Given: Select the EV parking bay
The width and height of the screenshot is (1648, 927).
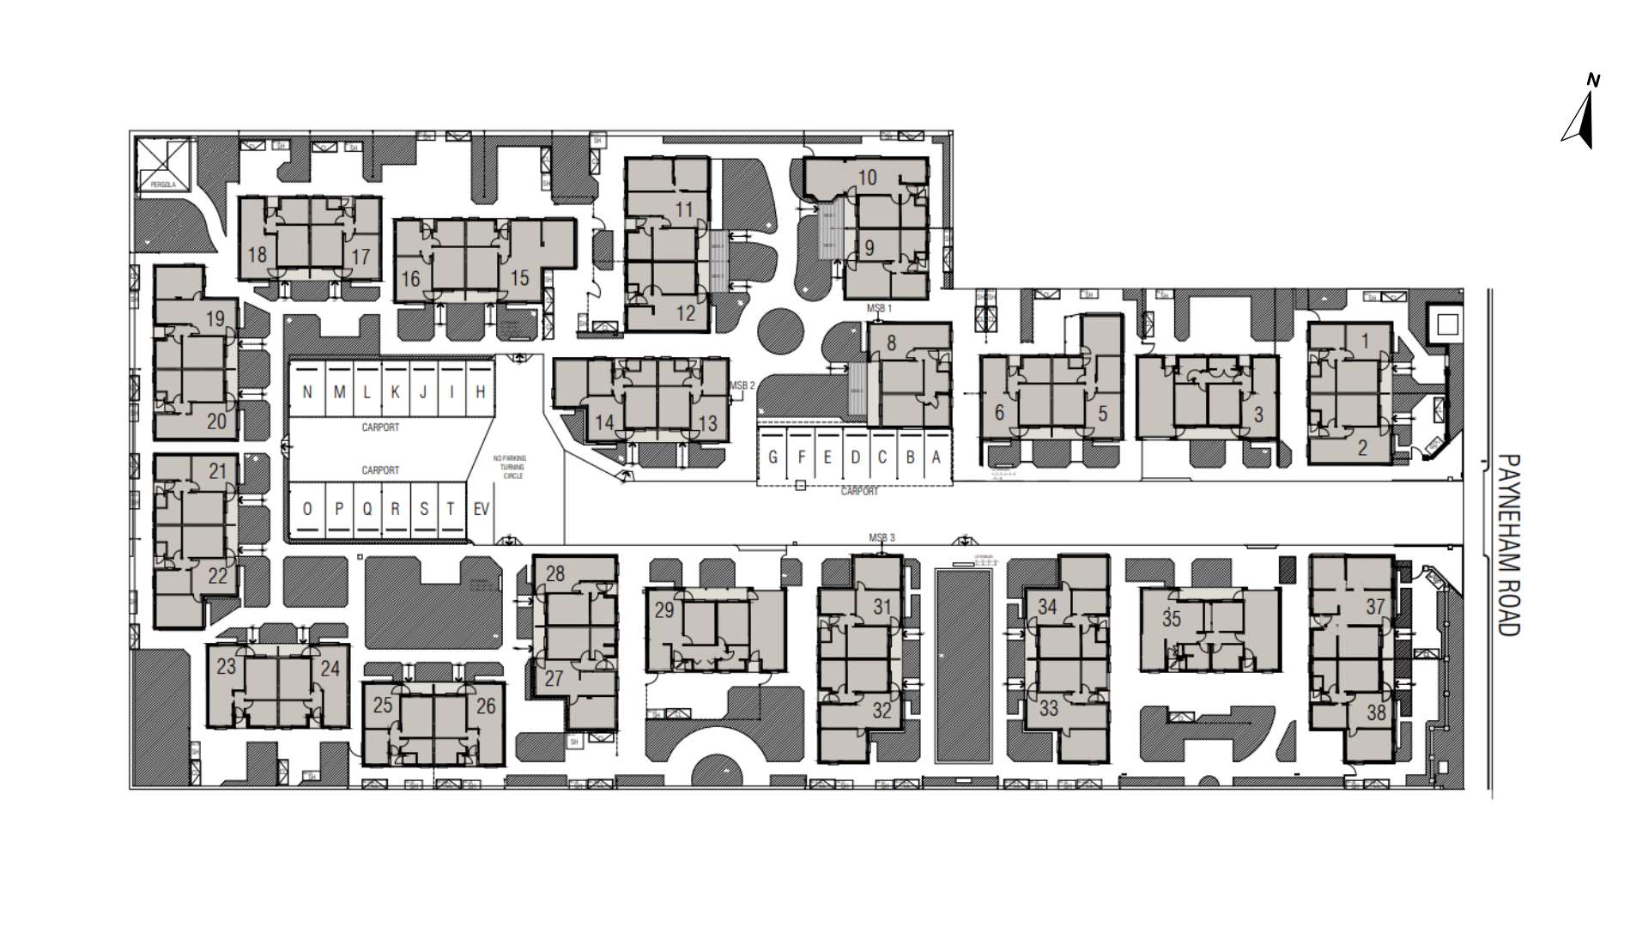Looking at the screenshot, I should tap(482, 509).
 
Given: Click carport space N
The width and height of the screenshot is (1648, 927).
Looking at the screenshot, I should tap(308, 392).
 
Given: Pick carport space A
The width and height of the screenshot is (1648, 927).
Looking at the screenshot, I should tap(936, 457).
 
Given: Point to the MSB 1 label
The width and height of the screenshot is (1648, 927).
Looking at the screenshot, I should tap(880, 307).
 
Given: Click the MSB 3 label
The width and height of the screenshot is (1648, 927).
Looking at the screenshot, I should tap(882, 538).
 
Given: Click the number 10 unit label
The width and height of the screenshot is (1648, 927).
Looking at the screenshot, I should tap(867, 178).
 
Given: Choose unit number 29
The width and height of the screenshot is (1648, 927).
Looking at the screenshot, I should tap(664, 610).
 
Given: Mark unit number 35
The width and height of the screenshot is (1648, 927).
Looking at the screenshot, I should tap(1172, 618).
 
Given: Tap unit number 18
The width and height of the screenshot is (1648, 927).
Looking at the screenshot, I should tap(257, 254).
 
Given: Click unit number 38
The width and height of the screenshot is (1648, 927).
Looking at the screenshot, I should tap(1376, 712).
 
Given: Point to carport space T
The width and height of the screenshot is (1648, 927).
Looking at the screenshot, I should tap(451, 509).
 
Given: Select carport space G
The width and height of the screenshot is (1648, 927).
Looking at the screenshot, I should tap(773, 457).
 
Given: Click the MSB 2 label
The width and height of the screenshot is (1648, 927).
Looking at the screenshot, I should tap(742, 386).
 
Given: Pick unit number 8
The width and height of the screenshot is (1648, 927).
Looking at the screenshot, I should tap(891, 343).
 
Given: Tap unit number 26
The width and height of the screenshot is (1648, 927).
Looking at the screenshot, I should tap(486, 706).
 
